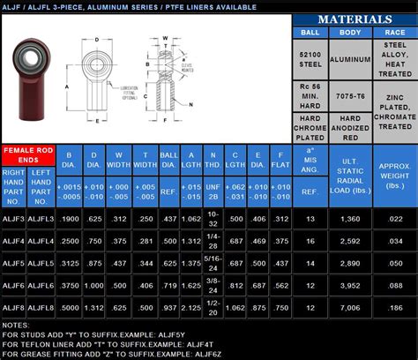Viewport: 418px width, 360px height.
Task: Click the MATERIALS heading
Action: [354, 19]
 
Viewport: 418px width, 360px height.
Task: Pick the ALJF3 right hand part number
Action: [14, 218]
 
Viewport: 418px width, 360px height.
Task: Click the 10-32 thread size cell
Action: [212, 218]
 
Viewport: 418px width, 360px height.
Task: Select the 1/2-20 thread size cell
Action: [212, 307]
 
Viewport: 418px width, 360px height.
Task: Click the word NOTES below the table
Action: [16, 325]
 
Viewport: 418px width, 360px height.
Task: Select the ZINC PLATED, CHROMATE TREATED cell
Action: [394, 121]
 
